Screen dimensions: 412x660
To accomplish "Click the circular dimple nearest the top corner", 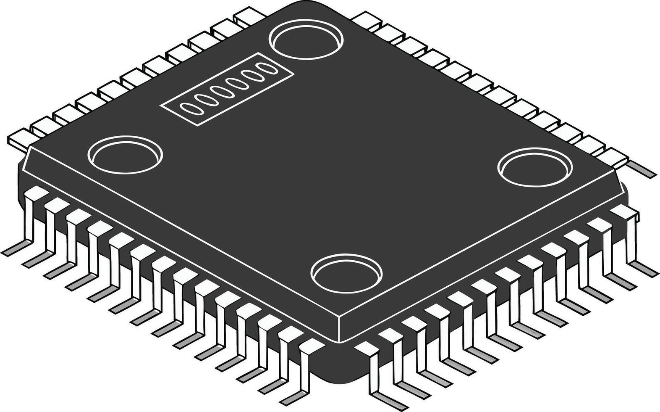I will (305, 40).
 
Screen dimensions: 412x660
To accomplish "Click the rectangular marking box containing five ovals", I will (227, 89).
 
